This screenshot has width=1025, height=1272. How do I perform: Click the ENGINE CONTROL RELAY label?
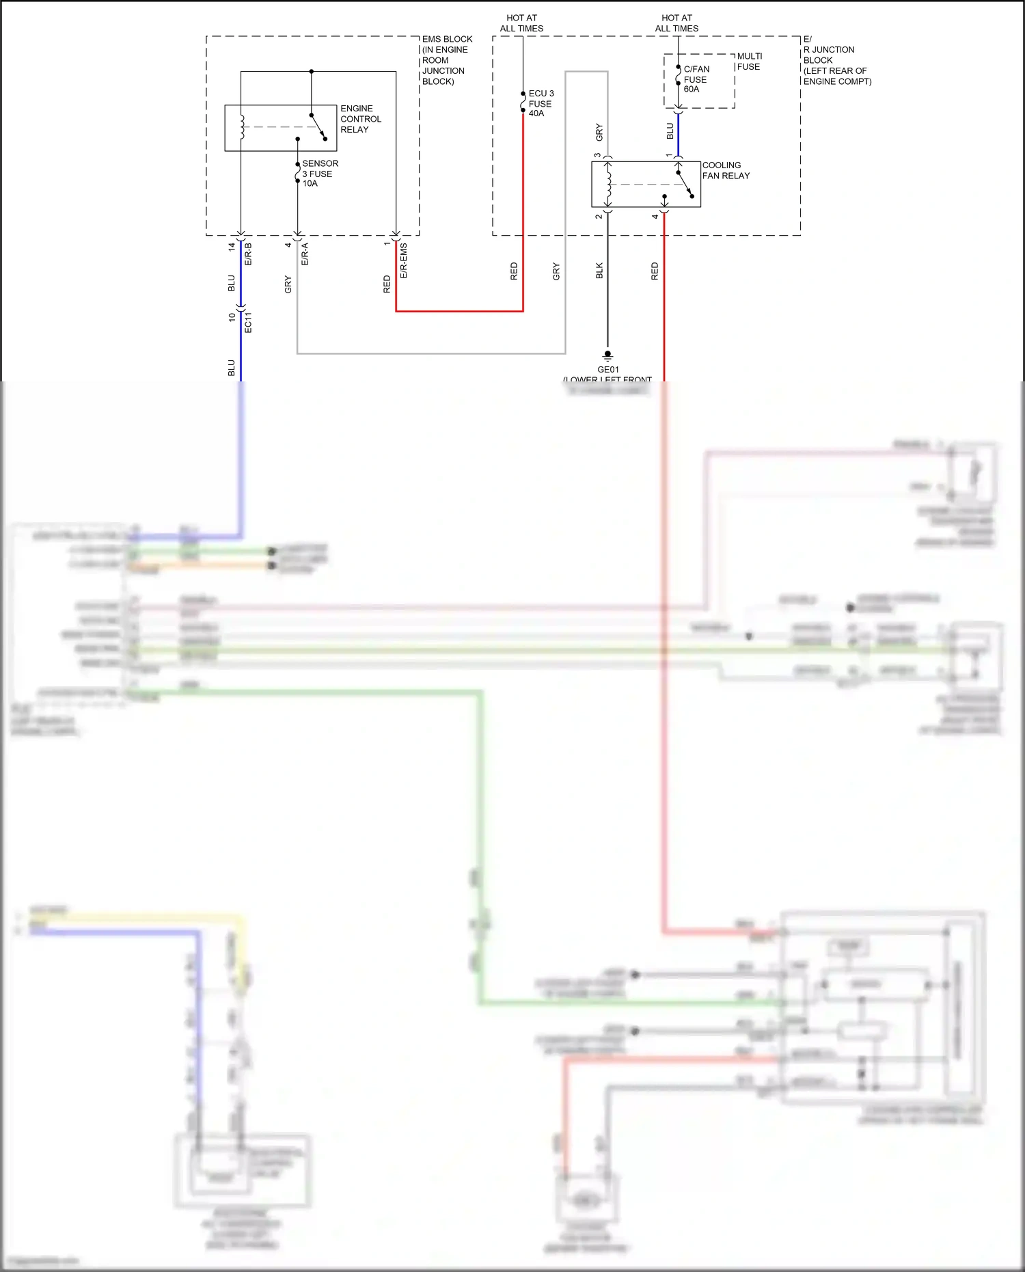360,119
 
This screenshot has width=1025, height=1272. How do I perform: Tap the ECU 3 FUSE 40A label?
541,103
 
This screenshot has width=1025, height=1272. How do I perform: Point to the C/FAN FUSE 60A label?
696,79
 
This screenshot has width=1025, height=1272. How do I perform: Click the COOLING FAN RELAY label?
725,170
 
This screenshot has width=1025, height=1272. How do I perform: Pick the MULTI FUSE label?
749,62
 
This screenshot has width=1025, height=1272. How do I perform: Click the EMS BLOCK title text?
447,40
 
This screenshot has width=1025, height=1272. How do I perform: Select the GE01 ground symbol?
607,355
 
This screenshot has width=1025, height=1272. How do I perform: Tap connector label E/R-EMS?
404,260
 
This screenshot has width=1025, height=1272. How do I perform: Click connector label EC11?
248,322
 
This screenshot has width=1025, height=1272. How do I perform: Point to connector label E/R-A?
305,254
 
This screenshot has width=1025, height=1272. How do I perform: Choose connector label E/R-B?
248,254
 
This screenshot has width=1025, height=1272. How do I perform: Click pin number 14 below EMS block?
232,246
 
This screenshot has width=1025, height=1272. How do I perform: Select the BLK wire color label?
599,271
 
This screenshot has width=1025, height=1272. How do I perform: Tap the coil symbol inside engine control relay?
241,127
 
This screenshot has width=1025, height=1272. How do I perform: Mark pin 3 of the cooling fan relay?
598,155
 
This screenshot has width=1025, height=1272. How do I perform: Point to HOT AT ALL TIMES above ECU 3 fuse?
521,23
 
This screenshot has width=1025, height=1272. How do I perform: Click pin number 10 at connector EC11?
232,317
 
